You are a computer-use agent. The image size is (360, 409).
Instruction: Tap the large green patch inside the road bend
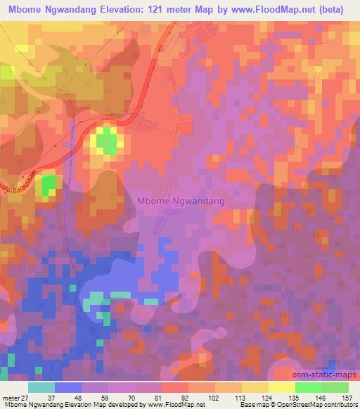(x=107, y=141)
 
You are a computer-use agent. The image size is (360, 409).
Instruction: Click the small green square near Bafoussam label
(x=49, y=186)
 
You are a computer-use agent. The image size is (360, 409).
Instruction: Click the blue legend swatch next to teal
(x=67, y=387)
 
